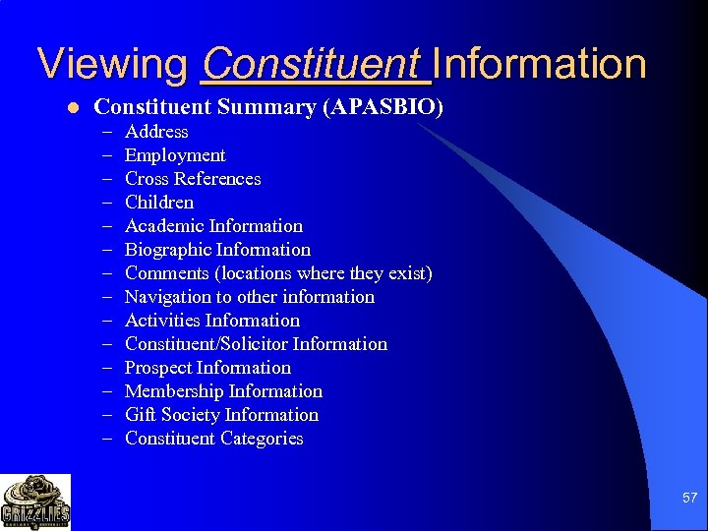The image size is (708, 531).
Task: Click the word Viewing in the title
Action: coord(112,65)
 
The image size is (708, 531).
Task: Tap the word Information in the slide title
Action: coord(539,65)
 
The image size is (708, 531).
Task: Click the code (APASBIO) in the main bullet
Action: coord(383,107)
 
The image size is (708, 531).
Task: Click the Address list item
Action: coord(156,132)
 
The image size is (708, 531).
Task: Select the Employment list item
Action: coord(175,155)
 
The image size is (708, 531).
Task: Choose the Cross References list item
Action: coord(193,179)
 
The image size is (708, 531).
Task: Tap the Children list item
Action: coord(159,203)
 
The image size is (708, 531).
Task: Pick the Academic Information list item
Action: coord(213,226)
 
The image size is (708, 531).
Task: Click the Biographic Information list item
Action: coord(217,250)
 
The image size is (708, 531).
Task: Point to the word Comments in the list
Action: coord(167,273)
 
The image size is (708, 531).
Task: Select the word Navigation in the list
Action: coord(168,297)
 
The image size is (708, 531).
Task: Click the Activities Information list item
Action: coord(212,321)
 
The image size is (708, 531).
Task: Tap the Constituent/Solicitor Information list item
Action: coord(256,344)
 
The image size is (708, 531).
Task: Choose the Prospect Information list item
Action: coord(207,368)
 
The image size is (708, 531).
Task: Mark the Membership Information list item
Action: coord(223,391)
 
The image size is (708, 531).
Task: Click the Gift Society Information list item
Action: coord(221,415)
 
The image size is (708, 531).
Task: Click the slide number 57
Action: coord(689,499)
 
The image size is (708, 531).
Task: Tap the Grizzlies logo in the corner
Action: coord(35,501)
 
